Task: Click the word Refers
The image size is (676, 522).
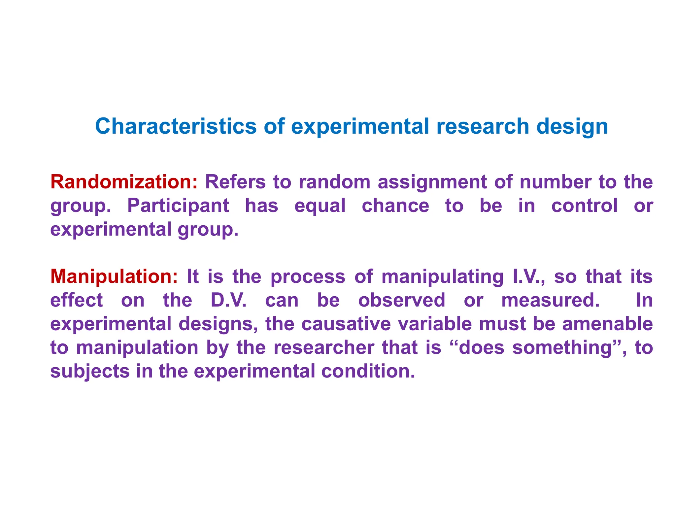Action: click(235, 182)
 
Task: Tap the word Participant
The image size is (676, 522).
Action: click(178, 206)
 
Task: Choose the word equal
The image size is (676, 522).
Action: click(320, 206)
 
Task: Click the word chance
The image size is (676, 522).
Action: click(395, 206)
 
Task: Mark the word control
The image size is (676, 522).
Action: click(584, 206)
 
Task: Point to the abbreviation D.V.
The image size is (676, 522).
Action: click(228, 300)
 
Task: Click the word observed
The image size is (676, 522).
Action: click(402, 300)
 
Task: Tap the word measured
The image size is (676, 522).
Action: click(550, 300)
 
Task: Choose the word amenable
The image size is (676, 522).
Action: click(607, 324)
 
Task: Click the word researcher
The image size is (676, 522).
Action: click(324, 348)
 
